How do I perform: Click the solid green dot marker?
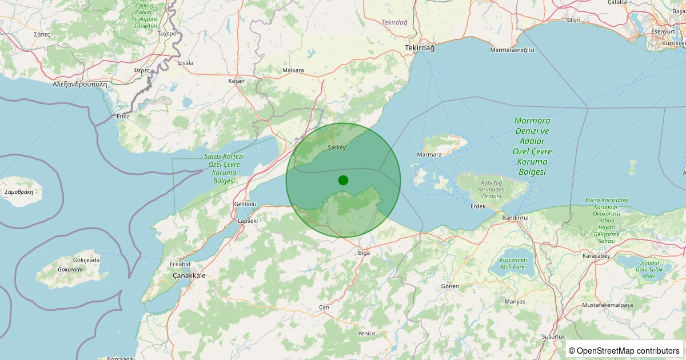[x=343, y=180]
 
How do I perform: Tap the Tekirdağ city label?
[x=420, y=48]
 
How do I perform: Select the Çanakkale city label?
[x=189, y=275]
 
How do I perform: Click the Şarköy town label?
[x=337, y=147]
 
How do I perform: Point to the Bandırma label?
[x=515, y=218]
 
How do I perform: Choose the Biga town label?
[x=364, y=252]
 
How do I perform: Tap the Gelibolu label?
[x=246, y=204]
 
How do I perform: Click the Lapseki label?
[x=248, y=221]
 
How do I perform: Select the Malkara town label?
[x=293, y=70]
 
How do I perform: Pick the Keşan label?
[x=236, y=81]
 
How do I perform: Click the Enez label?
[x=123, y=117]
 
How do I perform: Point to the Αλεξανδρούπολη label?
[x=80, y=83]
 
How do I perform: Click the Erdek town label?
[x=477, y=206]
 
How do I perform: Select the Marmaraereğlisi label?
[x=512, y=50]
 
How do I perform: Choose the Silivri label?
[x=572, y=21]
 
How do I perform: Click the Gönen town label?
[x=450, y=286]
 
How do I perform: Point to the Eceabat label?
[x=180, y=264]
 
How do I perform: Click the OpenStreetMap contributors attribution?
[x=625, y=350]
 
